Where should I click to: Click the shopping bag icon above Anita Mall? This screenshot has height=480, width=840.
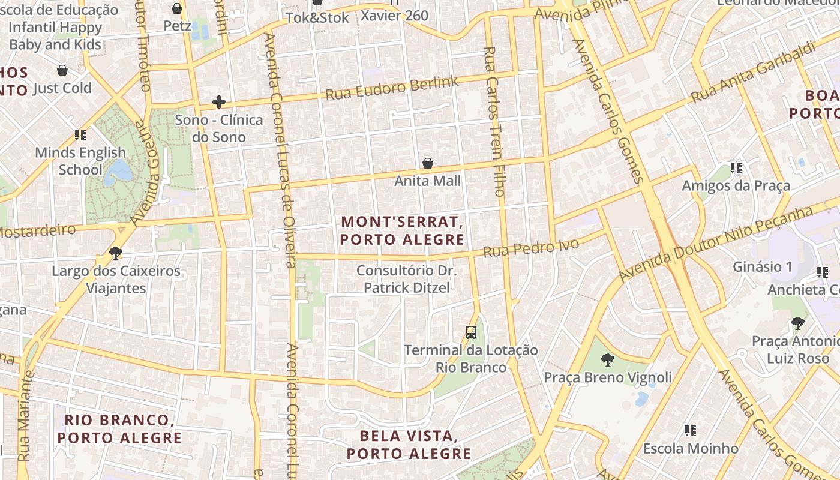[428, 163]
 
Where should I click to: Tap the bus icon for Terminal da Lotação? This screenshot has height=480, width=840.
[471, 332]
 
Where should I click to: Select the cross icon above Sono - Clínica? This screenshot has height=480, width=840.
[219, 102]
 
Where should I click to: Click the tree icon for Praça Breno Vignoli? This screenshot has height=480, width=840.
[607, 360]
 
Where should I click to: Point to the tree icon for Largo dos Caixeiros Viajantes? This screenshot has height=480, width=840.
[116, 253]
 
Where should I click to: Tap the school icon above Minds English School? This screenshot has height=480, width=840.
[80, 135]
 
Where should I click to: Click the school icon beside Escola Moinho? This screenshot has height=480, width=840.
[691, 431]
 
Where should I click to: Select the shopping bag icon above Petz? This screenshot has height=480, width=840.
[177, 8]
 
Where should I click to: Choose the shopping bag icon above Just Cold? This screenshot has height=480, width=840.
[62, 71]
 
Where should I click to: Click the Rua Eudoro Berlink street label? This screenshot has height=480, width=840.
[391, 88]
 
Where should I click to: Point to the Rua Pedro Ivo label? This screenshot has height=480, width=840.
[531, 248]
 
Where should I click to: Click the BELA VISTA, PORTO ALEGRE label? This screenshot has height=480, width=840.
[409, 445]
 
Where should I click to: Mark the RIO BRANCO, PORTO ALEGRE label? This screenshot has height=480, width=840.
[119, 429]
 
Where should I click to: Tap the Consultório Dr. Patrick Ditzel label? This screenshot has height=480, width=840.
[406, 279]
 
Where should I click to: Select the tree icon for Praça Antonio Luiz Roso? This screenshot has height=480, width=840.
[797, 324]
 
